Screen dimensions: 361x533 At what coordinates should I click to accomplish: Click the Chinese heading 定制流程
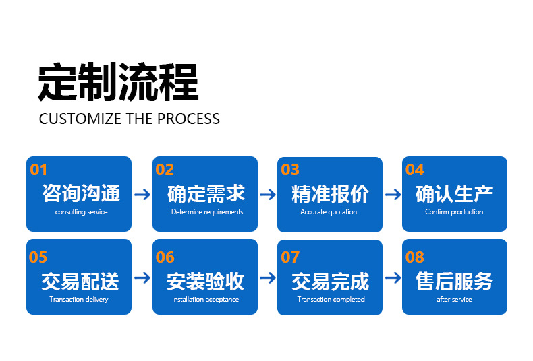click(x=118, y=82)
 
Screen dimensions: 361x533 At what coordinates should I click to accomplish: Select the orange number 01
click(x=39, y=170)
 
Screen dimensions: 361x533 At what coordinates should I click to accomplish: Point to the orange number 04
click(x=414, y=170)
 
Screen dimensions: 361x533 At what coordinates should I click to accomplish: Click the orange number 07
click(x=290, y=257)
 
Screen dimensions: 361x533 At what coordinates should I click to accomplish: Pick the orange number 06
click(x=165, y=257)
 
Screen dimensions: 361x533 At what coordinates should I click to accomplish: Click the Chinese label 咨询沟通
click(x=81, y=194)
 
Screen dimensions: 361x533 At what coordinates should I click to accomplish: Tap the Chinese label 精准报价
click(x=331, y=194)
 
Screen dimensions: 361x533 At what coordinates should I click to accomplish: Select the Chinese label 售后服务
click(x=454, y=281)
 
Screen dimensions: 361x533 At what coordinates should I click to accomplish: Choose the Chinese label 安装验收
click(x=206, y=281)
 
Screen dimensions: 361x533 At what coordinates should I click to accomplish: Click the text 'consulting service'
click(x=81, y=212)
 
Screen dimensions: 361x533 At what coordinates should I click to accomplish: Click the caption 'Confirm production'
click(x=454, y=212)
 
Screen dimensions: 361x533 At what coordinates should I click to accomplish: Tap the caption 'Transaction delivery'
click(x=79, y=300)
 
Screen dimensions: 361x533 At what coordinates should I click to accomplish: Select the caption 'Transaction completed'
click(x=331, y=300)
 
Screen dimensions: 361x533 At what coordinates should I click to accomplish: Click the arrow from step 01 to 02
click(x=142, y=195)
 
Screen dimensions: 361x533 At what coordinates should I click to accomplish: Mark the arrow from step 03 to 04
click(x=393, y=195)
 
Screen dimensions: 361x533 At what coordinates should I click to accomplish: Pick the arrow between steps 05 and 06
click(x=142, y=277)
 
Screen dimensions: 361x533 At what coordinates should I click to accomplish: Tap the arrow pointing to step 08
click(x=393, y=277)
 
